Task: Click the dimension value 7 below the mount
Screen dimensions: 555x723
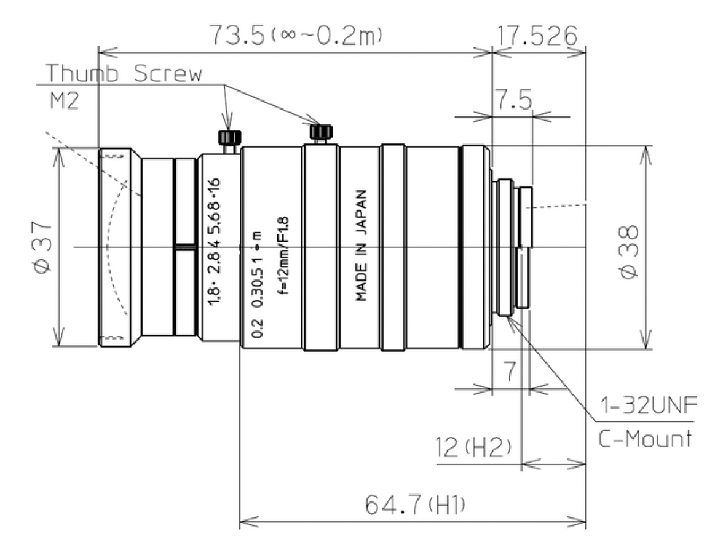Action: pos(509,371)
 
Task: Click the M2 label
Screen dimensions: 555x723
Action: pos(63,100)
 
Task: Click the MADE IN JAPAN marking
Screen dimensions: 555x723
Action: pos(362,245)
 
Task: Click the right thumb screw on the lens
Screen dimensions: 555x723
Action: pos(321,132)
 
